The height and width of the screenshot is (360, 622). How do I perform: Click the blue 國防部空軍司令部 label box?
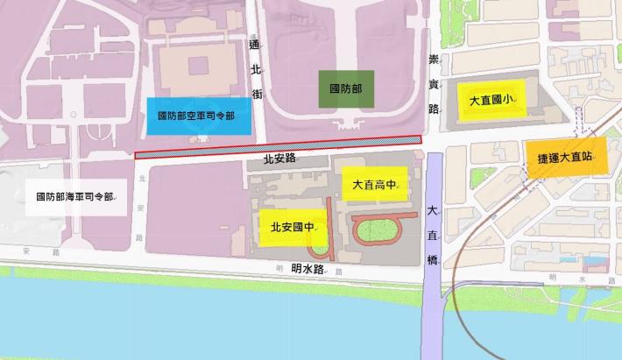199,116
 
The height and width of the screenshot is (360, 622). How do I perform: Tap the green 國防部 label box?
345,89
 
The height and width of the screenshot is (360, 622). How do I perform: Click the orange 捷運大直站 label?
566,160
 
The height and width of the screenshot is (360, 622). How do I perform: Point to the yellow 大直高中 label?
375,185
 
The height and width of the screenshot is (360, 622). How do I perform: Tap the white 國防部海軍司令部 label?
75,196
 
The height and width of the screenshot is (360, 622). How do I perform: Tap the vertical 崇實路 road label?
433,84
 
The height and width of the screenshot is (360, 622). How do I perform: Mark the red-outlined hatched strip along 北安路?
279,148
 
